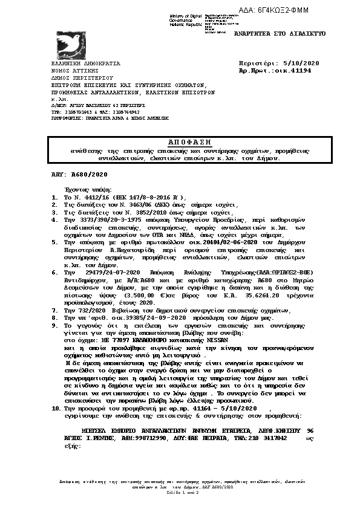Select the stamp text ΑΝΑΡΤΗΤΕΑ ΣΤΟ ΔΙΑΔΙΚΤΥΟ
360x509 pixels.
click(280, 33)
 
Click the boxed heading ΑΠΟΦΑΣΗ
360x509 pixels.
click(180, 141)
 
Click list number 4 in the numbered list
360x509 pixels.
click(53, 221)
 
